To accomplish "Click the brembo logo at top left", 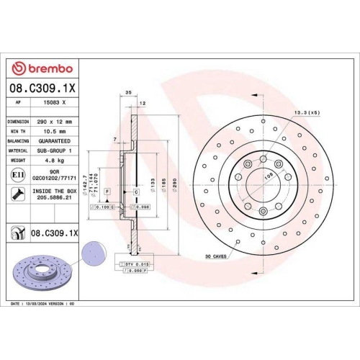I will [x=42, y=68].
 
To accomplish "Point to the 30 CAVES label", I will [x=216, y=256].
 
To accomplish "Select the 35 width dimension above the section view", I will [x=129, y=94].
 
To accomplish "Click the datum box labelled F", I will [x=107, y=191].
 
